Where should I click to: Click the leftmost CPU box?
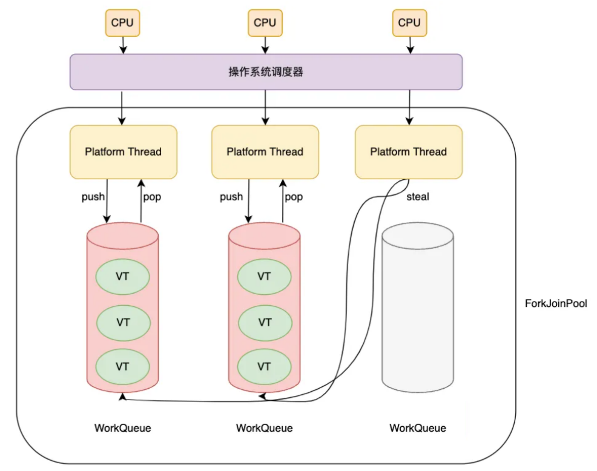[123, 23]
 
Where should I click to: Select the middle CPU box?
[265, 23]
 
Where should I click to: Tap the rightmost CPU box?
[409, 23]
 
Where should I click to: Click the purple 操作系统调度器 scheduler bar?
[266, 72]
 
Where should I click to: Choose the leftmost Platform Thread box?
[123, 152]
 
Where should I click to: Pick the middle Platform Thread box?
[265, 152]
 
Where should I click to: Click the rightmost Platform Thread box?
[409, 152]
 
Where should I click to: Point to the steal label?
[418, 197]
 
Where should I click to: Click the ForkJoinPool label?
[556, 303]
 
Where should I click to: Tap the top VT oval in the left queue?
[123, 277]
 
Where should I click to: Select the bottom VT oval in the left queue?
[123, 367]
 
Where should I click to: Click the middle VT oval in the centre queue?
[265, 323]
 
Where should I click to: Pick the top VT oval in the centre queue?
[264, 277]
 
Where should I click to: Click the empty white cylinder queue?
[418, 306]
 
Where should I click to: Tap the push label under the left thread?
[93, 197]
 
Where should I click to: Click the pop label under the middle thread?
[294, 197]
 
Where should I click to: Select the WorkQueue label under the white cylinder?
[418, 428]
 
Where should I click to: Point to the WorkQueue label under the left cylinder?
[123, 428]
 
